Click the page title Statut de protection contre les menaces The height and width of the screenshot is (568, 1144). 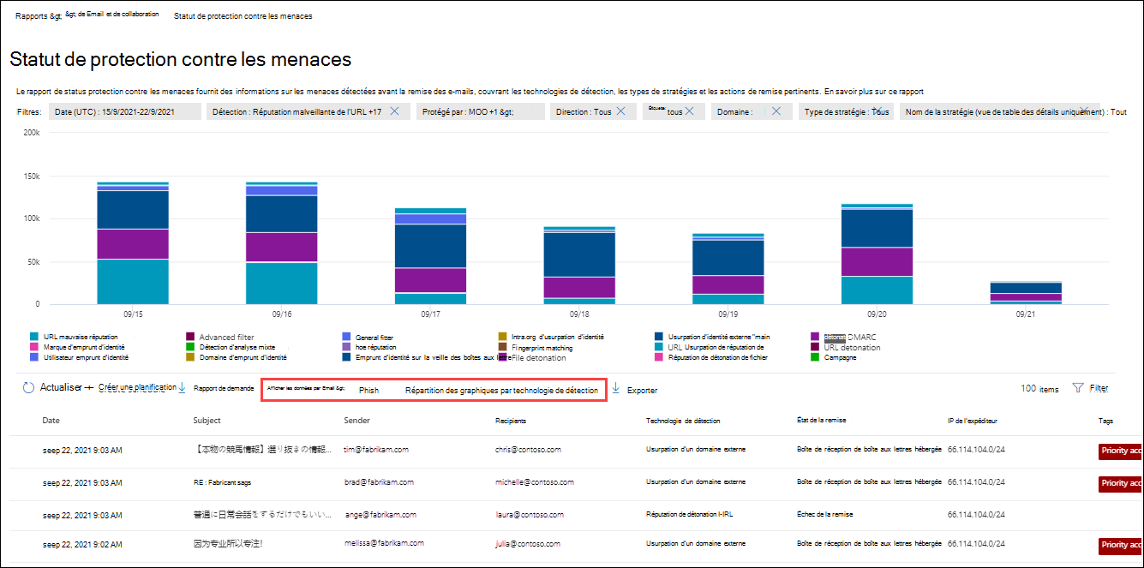[x=180, y=60]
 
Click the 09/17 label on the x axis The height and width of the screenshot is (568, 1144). [x=431, y=314]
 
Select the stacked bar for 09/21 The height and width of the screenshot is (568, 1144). [x=1015, y=292]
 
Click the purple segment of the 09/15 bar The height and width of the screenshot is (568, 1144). [x=133, y=244]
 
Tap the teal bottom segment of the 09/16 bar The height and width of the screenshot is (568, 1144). [x=282, y=283]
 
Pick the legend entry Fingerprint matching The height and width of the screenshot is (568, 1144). [x=542, y=348]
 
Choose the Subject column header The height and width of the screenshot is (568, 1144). [x=207, y=421]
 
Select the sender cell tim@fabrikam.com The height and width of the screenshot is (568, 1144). [x=376, y=449]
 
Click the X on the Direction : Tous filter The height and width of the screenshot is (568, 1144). [x=620, y=111]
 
